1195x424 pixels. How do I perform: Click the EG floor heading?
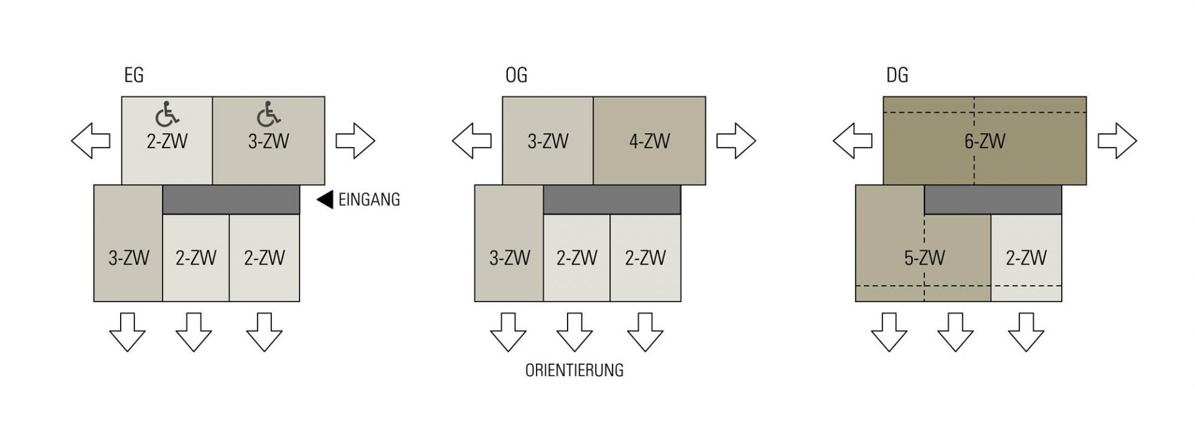point(134,75)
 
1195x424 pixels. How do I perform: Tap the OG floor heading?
point(516,75)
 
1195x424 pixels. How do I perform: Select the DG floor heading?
point(897,75)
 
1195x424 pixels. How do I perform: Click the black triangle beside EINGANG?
point(325,200)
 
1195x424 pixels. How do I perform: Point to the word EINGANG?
point(369,200)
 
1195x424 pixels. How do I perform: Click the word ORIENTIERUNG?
point(574,370)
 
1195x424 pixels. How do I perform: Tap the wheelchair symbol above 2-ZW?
point(167,113)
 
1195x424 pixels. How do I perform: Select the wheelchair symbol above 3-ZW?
point(269,113)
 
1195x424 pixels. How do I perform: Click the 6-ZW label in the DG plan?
point(985,141)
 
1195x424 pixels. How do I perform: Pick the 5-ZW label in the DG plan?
point(924,257)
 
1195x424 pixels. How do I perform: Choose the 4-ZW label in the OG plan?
point(649,141)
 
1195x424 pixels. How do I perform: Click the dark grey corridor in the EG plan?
point(231,199)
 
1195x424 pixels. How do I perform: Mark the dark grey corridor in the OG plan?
point(612,199)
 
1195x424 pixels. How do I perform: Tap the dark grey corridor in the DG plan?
point(993,199)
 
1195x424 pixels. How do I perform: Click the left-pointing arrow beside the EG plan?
point(91,141)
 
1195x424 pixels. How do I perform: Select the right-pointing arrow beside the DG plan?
point(1117,141)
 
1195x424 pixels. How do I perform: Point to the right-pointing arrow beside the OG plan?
point(736,141)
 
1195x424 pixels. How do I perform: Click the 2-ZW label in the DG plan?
point(1026,257)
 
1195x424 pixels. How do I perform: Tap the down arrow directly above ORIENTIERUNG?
point(574,332)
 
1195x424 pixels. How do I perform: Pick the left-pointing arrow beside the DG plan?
point(853,141)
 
